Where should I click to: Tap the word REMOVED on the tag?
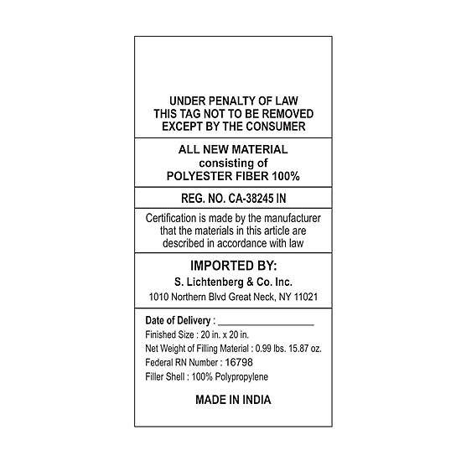(287, 114)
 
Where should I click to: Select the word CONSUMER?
(276, 127)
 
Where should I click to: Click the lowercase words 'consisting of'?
(233, 163)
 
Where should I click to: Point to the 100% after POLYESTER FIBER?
(286, 176)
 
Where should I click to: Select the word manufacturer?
(292, 218)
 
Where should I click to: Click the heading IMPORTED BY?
(234, 266)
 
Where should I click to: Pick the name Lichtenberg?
(215, 282)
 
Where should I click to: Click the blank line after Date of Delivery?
(266, 325)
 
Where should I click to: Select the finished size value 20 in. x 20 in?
(225, 334)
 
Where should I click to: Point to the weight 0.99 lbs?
(270, 349)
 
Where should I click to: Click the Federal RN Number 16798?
(239, 362)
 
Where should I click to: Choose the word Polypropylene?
(241, 377)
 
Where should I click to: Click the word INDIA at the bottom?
(256, 400)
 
